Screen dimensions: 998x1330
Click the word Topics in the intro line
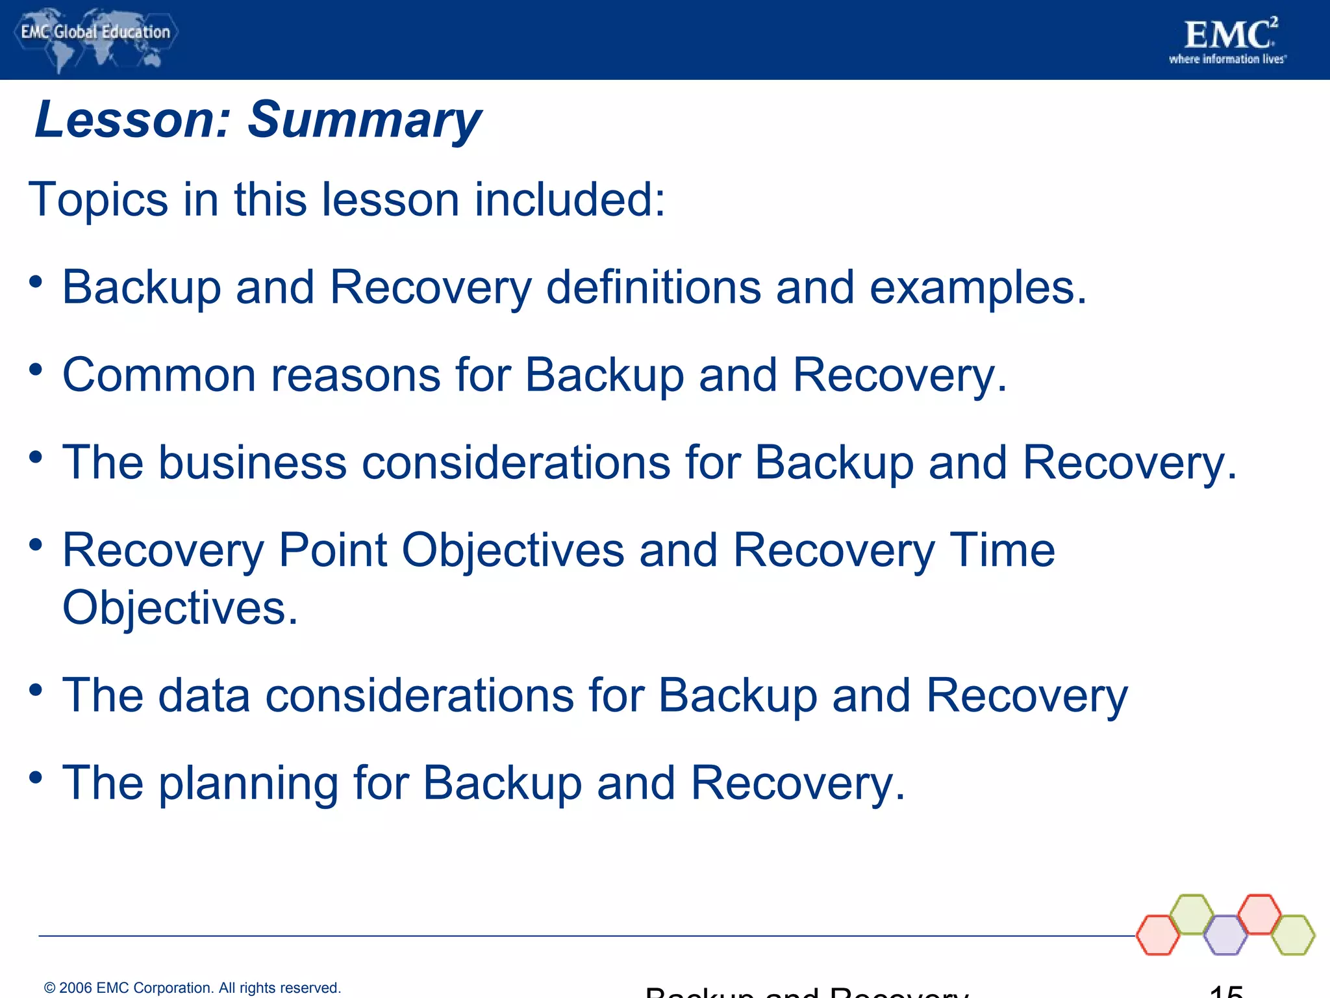[97, 199]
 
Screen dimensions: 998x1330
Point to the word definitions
[653, 287]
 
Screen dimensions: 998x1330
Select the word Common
[159, 375]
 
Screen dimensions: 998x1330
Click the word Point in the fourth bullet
[332, 550]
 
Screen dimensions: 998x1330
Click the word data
[204, 695]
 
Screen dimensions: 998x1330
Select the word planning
[248, 784]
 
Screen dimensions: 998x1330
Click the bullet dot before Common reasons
[36, 370]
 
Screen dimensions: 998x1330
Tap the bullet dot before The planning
[36, 777]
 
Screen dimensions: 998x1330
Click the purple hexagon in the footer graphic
[1225, 935]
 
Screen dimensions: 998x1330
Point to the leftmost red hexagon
[1158, 935]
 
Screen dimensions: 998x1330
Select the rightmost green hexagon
[1293, 935]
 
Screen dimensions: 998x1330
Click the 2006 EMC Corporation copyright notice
[192, 988]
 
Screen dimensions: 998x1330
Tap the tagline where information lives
[1227, 60]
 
